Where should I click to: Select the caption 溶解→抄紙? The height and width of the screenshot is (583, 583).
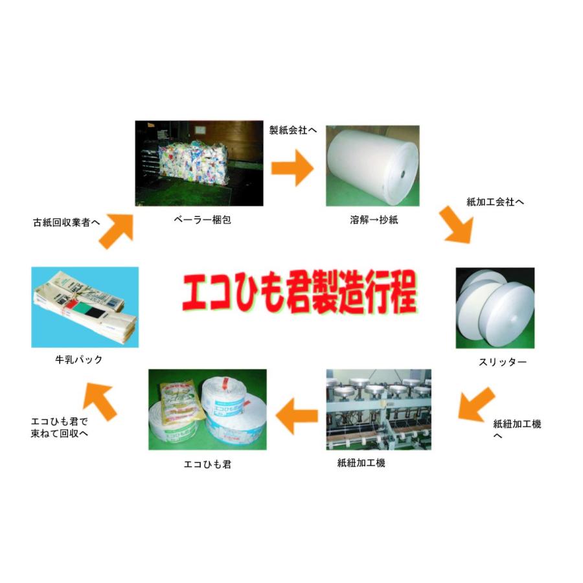tap(373, 220)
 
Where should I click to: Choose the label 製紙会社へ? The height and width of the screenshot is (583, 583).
tap(293, 130)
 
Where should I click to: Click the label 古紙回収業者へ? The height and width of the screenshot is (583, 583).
tap(67, 222)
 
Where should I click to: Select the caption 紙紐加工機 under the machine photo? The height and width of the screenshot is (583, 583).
tap(361, 463)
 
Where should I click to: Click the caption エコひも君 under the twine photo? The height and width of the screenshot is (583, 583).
tap(208, 464)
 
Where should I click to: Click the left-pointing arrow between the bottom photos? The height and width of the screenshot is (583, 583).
tap(297, 415)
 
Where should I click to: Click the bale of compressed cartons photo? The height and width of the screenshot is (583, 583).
tap(199, 164)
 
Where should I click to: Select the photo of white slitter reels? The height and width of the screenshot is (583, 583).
tap(496, 308)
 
